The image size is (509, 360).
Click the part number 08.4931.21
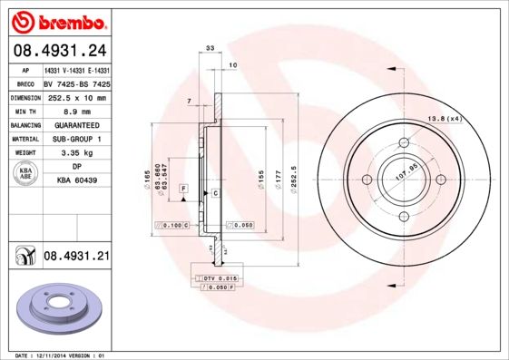pyautogui.click(x=76, y=257)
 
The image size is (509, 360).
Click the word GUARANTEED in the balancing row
pyautogui.click(x=76, y=125)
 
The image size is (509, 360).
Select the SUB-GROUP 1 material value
pyautogui.click(x=77, y=139)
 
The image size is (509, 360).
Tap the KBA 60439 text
pyautogui.click(x=76, y=181)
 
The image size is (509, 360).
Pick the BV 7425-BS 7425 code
pyautogui.click(x=76, y=83)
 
